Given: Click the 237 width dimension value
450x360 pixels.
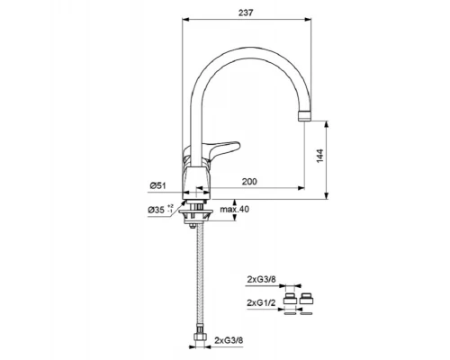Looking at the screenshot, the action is pyautogui.click(x=246, y=13).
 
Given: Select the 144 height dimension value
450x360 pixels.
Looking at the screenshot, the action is pyautogui.click(x=319, y=156).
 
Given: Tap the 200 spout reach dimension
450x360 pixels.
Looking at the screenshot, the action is pyautogui.click(x=249, y=182).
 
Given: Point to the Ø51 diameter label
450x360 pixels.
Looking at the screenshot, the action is pyautogui.click(x=157, y=185).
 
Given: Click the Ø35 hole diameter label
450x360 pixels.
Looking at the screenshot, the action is pyautogui.click(x=160, y=209).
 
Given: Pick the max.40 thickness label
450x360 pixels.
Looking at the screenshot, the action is pyautogui.click(x=235, y=209).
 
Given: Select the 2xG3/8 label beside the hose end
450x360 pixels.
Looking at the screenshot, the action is pyautogui.click(x=229, y=340).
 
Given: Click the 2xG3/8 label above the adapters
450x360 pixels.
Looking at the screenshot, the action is pyautogui.click(x=261, y=279).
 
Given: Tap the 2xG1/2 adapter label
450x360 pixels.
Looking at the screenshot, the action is pyautogui.click(x=261, y=302).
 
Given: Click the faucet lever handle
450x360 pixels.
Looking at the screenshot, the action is pyautogui.click(x=223, y=148).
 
